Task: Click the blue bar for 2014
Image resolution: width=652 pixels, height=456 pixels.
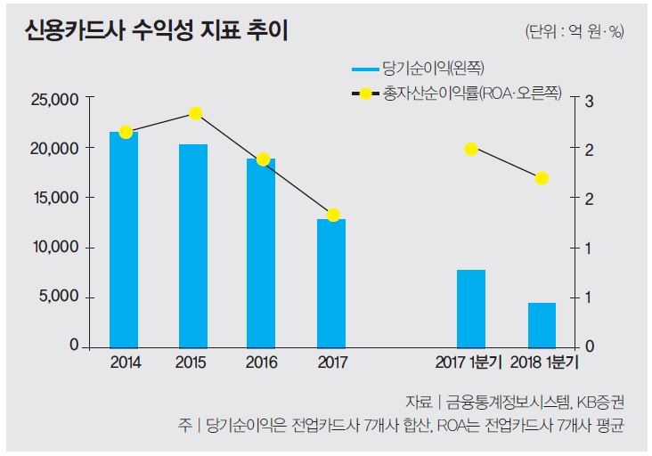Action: click(124, 239)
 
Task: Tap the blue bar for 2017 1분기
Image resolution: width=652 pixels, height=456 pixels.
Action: click(471, 307)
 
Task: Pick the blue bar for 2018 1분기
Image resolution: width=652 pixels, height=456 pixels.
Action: click(542, 324)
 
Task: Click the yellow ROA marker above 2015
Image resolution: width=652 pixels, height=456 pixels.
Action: click(196, 113)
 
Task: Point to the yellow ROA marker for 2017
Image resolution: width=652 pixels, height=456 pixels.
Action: click(333, 215)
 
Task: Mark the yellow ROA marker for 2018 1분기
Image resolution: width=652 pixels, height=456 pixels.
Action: click(542, 178)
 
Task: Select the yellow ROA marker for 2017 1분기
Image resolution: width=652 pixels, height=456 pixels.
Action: click(471, 149)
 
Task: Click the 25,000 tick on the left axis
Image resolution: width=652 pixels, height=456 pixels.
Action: click(53, 99)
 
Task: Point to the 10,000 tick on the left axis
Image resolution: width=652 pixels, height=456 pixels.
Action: click(53, 247)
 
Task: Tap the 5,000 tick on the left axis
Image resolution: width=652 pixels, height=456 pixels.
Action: click(58, 297)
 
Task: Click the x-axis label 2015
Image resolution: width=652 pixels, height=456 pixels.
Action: click(192, 363)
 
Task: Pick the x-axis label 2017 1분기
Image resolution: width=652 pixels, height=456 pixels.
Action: click(469, 363)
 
